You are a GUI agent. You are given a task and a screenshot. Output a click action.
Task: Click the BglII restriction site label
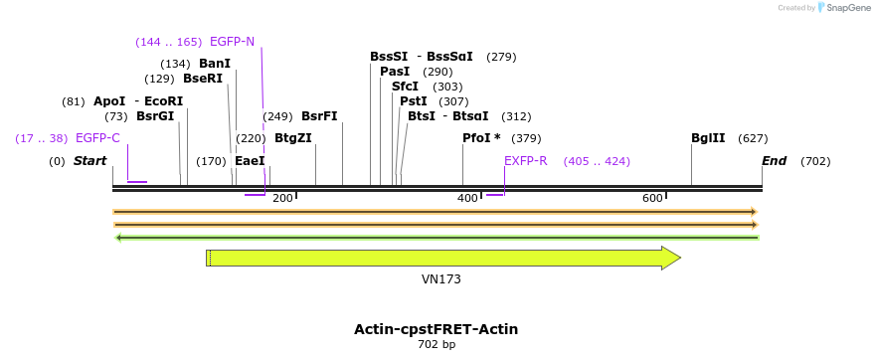[x=708, y=138]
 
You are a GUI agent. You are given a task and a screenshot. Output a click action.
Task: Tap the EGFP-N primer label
[x=232, y=42]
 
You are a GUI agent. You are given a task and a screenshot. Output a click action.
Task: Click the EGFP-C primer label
[x=97, y=138]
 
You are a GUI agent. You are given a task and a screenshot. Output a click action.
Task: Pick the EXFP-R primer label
[x=525, y=161]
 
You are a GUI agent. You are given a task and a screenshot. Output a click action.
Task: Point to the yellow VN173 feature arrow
[x=442, y=259]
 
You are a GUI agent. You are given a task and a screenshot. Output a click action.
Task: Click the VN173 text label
[x=441, y=279]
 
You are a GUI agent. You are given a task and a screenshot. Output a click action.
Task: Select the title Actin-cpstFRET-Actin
[x=436, y=329]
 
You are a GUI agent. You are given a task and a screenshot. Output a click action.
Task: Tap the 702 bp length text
[x=437, y=345]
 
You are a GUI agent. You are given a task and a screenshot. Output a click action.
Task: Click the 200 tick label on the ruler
[x=282, y=199]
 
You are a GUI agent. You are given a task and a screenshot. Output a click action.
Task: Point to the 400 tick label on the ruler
[x=467, y=199]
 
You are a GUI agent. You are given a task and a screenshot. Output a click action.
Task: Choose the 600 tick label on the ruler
[x=652, y=199]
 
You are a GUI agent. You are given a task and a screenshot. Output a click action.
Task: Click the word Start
[x=89, y=161]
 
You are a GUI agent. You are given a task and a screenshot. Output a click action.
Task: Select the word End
[x=775, y=161]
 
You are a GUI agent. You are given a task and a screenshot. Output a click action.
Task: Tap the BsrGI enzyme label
[x=155, y=116]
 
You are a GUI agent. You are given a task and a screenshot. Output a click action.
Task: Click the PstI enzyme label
[x=413, y=101]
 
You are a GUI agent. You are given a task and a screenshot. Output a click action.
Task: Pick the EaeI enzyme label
[x=250, y=161]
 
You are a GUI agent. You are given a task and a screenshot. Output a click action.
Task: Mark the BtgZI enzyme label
[x=292, y=138]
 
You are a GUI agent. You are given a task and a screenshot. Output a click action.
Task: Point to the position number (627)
[x=753, y=138]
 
